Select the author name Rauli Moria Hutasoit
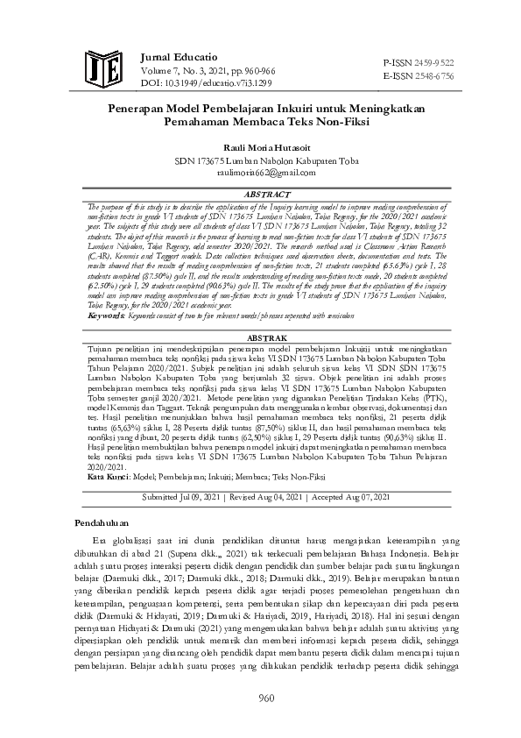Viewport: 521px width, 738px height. [x=260, y=147]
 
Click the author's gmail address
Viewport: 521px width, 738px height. [x=260, y=173]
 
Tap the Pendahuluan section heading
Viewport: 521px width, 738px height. [x=102, y=523]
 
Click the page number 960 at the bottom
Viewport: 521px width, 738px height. [x=260, y=698]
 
